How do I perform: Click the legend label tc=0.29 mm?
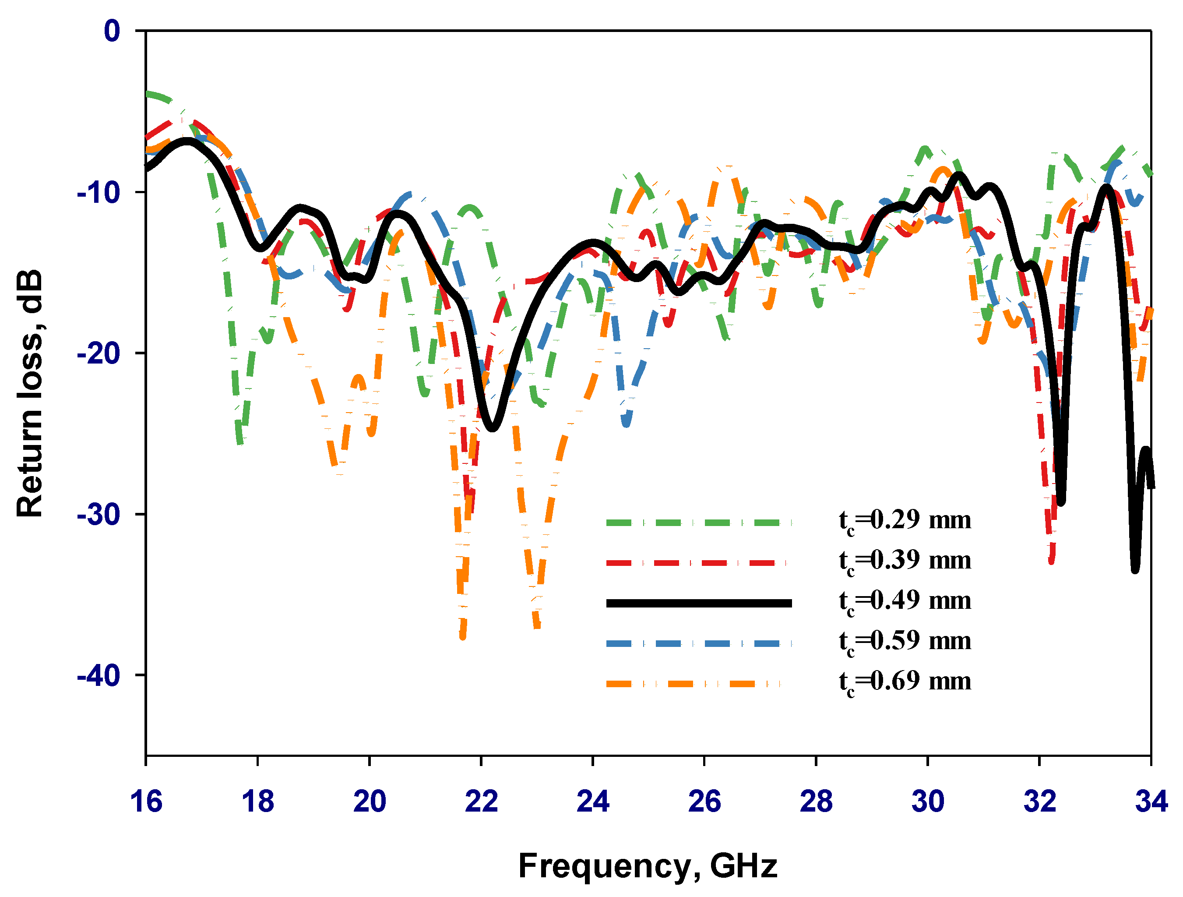(x=905, y=520)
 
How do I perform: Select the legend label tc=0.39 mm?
(x=905, y=561)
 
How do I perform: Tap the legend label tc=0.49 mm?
(x=905, y=600)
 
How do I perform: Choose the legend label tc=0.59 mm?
(x=905, y=641)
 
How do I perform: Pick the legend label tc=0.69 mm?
(x=905, y=682)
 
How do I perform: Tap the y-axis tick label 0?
(x=112, y=31)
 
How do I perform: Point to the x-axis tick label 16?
(x=145, y=801)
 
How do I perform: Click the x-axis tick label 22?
(x=481, y=801)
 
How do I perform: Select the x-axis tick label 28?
(x=816, y=801)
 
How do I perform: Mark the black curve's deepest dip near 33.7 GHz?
(x=1135, y=570)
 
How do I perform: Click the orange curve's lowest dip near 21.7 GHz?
(x=463, y=636)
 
